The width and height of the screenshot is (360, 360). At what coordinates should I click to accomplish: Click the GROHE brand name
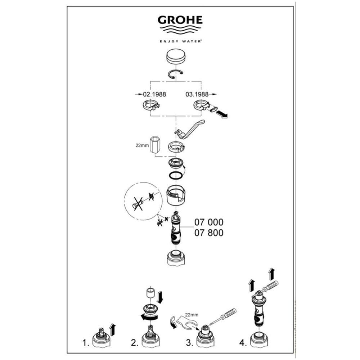tap(180, 20)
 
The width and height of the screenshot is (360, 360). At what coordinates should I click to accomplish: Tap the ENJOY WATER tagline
tap(180, 41)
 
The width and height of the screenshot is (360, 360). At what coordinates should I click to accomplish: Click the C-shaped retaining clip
tap(176, 75)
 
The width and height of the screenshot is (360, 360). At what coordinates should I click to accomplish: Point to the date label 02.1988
tap(154, 94)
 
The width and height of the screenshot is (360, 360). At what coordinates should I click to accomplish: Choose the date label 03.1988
tap(197, 94)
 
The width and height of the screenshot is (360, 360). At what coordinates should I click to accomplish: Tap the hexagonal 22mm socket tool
tap(156, 144)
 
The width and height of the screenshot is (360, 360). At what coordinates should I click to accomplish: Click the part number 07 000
tap(209, 222)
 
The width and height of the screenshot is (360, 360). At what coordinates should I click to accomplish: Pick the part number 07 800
tap(209, 233)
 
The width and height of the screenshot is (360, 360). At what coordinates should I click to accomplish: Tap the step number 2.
tap(135, 343)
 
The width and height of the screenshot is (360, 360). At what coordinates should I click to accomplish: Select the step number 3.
tap(189, 343)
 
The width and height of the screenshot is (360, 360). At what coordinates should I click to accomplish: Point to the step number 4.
tap(243, 343)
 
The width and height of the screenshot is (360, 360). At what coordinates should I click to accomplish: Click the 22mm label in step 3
tap(192, 315)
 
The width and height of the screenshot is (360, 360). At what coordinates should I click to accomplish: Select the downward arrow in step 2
tap(160, 297)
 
